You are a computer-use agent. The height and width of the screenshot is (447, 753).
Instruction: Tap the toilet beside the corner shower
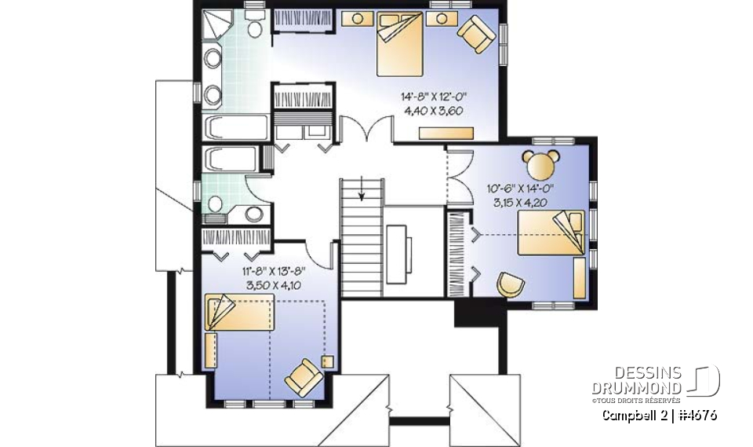(254, 28)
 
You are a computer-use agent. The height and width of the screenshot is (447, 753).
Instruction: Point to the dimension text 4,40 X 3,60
(433, 111)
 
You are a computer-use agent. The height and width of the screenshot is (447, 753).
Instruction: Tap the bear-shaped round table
(540, 165)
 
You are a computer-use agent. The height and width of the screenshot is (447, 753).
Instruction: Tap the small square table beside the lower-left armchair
(327, 362)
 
